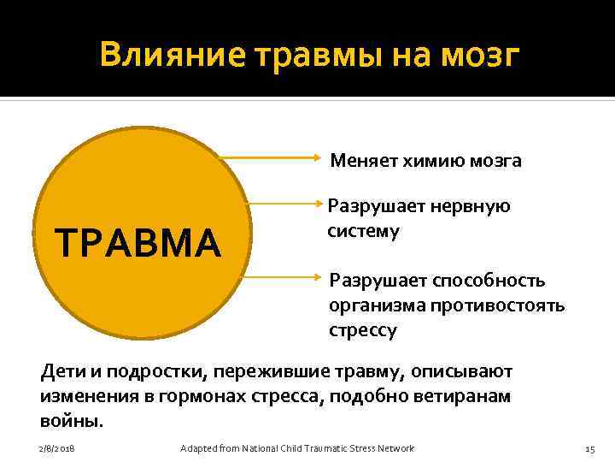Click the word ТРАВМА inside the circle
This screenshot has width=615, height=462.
pyautogui.click(x=137, y=243)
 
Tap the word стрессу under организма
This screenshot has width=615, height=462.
pyautogui.click(x=363, y=330)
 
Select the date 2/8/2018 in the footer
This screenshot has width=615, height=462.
pyautogui.click(x=56, y=448)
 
